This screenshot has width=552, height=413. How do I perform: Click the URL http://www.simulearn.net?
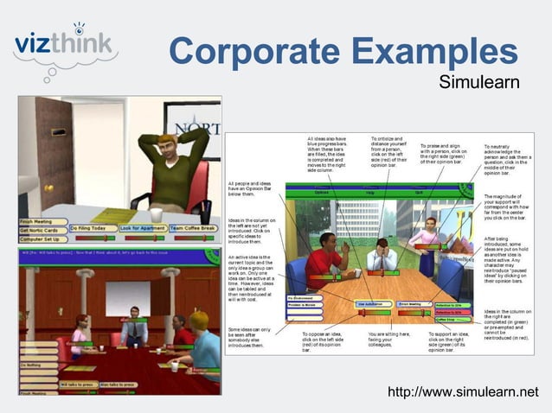tap(469, 393)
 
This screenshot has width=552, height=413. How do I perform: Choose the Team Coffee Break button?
tap(195, 227)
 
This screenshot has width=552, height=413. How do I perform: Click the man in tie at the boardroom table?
tap(133, 325)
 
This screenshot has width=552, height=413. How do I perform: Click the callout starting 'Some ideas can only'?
tap(252, 338)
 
